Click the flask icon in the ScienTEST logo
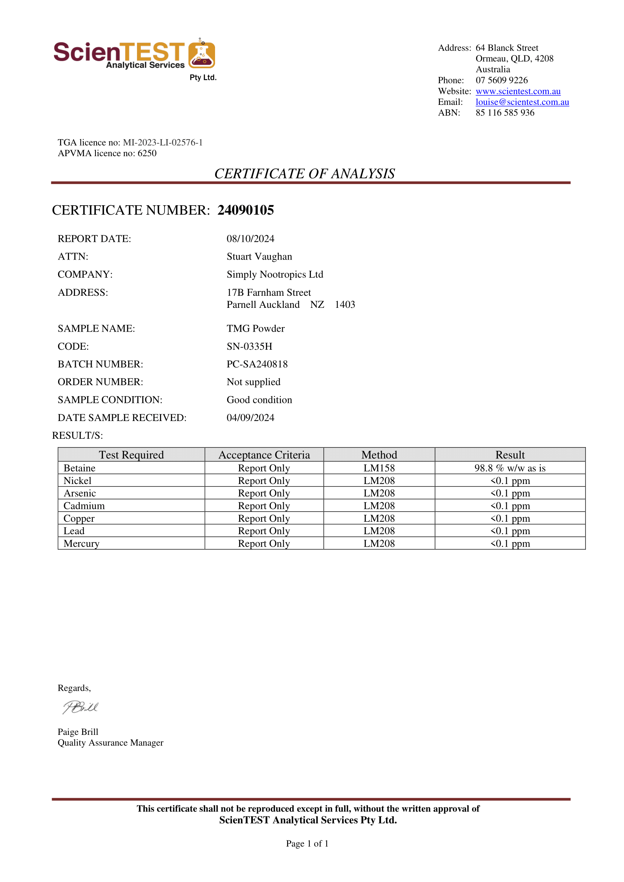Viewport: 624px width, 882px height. click(202, 55)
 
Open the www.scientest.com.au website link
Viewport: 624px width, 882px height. click(518, 91)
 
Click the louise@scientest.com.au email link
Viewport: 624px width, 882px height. click(522, 102)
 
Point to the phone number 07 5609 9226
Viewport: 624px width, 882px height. click(501, 80)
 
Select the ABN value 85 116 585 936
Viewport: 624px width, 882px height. click(505, 113)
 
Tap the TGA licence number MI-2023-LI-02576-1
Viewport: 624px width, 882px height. click(163, 143)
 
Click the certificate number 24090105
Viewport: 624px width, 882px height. click(246, 210)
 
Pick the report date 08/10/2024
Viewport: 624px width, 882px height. click(250, 239)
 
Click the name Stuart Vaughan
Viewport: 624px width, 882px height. click(259, 257)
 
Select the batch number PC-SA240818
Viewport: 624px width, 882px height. click(257, 364)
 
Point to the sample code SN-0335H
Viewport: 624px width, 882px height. click(249, 346)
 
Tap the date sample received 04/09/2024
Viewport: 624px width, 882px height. click(250, 418)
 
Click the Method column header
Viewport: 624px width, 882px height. click(379, 455)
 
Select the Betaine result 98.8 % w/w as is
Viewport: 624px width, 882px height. click(510, 468)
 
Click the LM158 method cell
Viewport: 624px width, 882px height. click(379, 468)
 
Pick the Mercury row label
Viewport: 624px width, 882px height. click(81, 544)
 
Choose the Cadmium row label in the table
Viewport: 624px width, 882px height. click(84, 506)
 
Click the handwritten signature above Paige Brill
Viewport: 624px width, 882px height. click(81, 707)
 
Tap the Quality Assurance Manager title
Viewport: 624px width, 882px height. click(110, 743)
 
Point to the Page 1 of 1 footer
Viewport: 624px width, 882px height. click(307, 844)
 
